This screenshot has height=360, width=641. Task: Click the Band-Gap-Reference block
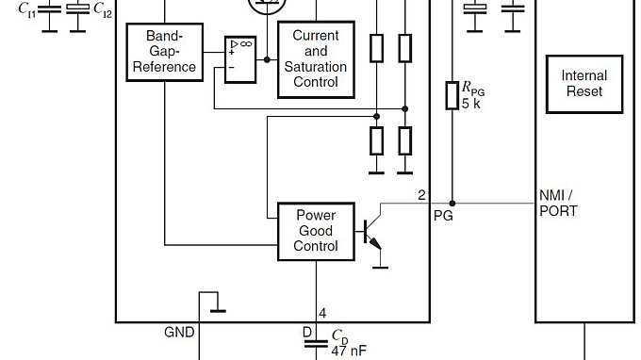coord(164,52)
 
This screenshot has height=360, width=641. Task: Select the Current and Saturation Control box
coord(316,58)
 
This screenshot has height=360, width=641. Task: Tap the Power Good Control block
coord(316,231)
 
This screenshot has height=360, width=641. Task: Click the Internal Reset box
coord(583,83)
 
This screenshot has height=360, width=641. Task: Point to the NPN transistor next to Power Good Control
coord(372,231)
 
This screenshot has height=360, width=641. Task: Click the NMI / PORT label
coord(557,203)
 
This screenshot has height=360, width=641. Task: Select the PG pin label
coord(442,216)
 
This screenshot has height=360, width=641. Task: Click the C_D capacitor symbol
coord(316,345)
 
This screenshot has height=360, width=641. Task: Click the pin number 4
coord(322,313)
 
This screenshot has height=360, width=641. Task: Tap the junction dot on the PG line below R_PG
coord(452,203)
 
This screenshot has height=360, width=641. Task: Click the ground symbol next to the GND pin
coord(217,308)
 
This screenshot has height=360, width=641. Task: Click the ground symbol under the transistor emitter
coord(380,266)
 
